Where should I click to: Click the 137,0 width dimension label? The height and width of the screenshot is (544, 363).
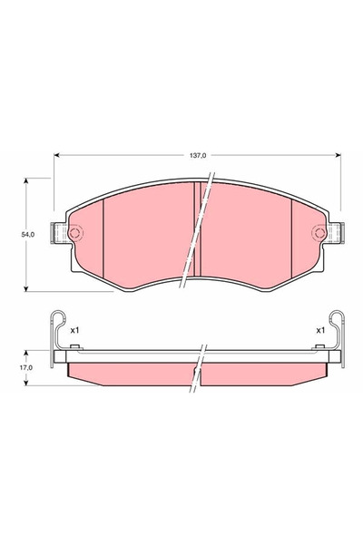pos(199,155)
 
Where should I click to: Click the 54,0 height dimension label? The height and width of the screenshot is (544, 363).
pos(28,235)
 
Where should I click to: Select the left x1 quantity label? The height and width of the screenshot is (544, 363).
pos(75,331)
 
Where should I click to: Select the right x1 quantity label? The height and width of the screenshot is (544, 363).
pos(319,331)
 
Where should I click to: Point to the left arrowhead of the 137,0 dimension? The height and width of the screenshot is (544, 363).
pos(59,155)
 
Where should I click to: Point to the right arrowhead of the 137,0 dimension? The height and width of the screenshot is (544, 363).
pos(338,155)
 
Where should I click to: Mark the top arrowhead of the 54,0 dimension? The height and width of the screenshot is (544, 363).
pos(28,181)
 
